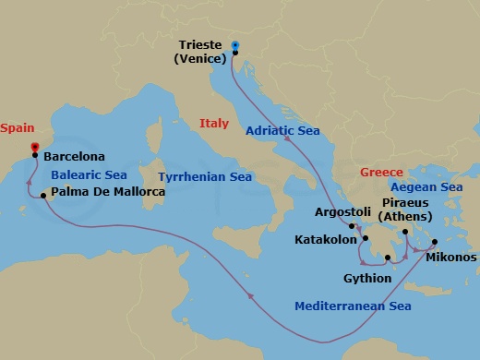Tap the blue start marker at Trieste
point(234,44)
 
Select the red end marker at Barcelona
point(34,146)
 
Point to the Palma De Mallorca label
point(108,192)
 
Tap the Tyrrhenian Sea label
point(205,176)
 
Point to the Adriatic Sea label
point(282,131)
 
